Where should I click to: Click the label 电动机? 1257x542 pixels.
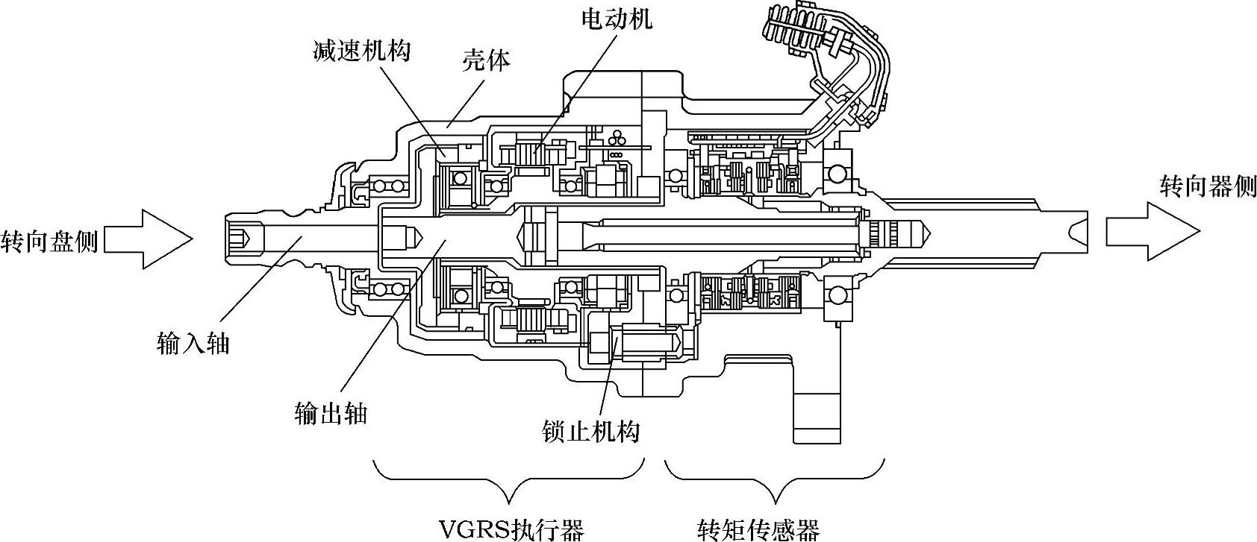tap(616, 18)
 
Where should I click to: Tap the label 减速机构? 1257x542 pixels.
tap(361, 51)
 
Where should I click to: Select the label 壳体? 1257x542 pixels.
tap(486, 60)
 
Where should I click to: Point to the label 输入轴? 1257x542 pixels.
tap(193, 343)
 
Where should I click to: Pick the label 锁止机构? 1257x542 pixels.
tap(590, 432)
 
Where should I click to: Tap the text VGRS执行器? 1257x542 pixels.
tap(511, 530)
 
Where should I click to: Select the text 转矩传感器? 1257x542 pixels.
tap(758, 530)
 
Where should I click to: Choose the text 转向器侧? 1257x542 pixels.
tap(1208, 186)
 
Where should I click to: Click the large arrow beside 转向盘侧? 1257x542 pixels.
tap(149, 239)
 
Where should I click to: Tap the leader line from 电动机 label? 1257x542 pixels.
tap(575, 89)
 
